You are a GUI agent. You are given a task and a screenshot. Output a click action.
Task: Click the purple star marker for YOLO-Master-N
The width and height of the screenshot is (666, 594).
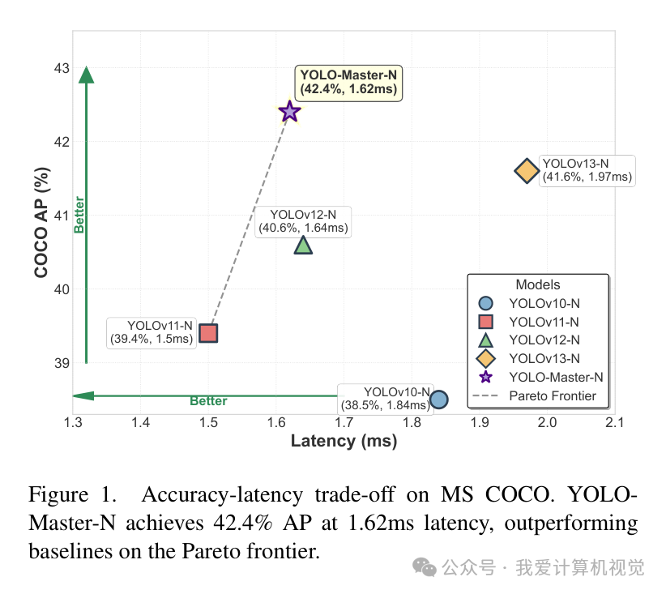(x=289, y=112)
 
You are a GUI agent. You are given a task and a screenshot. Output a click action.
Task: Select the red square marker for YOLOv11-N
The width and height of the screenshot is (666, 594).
(x=208, y=333)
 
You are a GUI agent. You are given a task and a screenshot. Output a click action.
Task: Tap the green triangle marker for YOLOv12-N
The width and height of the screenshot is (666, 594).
(x=303, y=245)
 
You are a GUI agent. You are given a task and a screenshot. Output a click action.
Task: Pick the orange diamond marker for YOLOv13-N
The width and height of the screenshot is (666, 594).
(x=527, y=171)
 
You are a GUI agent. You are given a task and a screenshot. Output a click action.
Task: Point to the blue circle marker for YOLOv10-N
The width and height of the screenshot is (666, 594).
(x=438, y=400)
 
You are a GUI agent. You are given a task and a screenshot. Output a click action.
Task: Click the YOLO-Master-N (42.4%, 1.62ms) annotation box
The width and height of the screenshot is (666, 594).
(x=348, y=83)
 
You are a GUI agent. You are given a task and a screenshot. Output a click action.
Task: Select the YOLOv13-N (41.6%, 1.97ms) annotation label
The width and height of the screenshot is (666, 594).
(x=587, y=170)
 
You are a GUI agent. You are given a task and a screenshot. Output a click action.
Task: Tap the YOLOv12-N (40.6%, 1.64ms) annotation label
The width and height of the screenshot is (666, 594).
(x=303, y=221)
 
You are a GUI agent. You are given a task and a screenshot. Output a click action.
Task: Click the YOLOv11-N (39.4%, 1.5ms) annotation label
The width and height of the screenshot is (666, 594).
(x=152, y=332)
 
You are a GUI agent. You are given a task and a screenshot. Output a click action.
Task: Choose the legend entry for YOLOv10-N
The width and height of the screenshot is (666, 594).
(x=544, y=304)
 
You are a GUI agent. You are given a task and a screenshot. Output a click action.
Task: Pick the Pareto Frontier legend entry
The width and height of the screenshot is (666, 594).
(x=552, y=396)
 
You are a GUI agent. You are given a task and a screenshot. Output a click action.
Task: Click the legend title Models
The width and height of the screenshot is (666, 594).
(x=537, y=284)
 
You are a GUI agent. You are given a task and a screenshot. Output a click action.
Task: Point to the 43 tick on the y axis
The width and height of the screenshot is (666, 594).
(x=62, y=68)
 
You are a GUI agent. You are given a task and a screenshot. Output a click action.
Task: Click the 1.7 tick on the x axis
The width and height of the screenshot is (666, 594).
(x=344, y=422)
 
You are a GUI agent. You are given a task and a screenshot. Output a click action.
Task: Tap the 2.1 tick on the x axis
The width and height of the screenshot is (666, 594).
(x=615, y=422)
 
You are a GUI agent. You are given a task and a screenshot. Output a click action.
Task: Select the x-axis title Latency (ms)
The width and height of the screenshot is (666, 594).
(x=344, y=441)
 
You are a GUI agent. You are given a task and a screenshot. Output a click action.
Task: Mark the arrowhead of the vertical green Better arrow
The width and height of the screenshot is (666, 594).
(x=87, y=75)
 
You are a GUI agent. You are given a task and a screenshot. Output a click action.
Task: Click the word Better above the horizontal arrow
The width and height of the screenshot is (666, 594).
(x=208, y=401)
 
